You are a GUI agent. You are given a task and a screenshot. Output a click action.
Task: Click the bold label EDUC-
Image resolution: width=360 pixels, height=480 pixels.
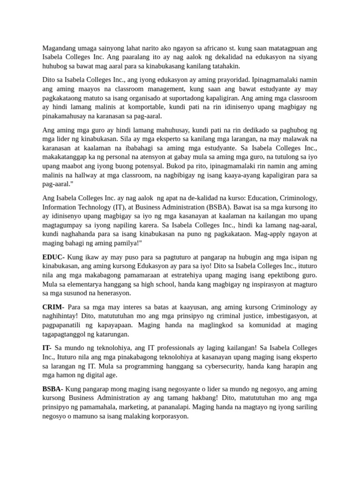tap(54, 257)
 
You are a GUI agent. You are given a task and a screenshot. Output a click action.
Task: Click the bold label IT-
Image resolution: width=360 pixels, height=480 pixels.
tap(47, 348)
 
